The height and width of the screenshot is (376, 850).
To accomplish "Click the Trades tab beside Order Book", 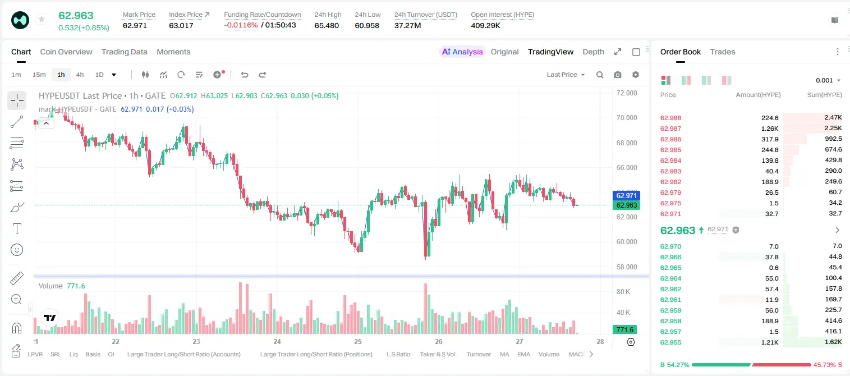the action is (x=723, y=52).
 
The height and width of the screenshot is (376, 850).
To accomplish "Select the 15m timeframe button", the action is (x=39, y=75).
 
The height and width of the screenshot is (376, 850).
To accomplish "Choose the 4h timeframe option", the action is (x=80, y=75).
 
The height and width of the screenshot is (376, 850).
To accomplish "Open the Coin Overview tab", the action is (x=66, y=52).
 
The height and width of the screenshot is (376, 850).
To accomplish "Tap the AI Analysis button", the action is (x=462, y=52).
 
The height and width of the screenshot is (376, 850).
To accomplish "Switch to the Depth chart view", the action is (x=593, y=52).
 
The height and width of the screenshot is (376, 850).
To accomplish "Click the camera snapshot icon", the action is (x=618, y=75).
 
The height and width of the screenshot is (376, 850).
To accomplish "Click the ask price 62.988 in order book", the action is (x=670, y=118).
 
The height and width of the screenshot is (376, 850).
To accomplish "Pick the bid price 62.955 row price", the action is (x=670, y=342).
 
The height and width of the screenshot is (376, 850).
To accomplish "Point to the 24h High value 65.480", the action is (x=327, y=25).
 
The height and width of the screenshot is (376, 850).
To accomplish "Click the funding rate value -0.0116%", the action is (x=241, y=25).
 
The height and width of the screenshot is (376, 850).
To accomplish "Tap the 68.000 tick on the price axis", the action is (x=627, y=143).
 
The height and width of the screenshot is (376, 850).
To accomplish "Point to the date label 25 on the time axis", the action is (x=358, y=341).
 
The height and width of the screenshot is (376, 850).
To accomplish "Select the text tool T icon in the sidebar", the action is (x=17, y=228).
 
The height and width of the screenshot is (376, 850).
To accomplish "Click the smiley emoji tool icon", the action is (x=17, y=250).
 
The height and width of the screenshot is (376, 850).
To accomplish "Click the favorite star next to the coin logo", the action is (x=42, y=19).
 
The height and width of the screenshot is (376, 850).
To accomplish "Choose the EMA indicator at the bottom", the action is (x=523, y=354).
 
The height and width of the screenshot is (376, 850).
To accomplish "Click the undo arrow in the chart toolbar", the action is (x=245, y=75).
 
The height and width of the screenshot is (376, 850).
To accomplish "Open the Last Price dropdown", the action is (x=566, y=75).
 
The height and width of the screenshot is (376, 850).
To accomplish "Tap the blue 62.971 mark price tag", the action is (x=627, y=196).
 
